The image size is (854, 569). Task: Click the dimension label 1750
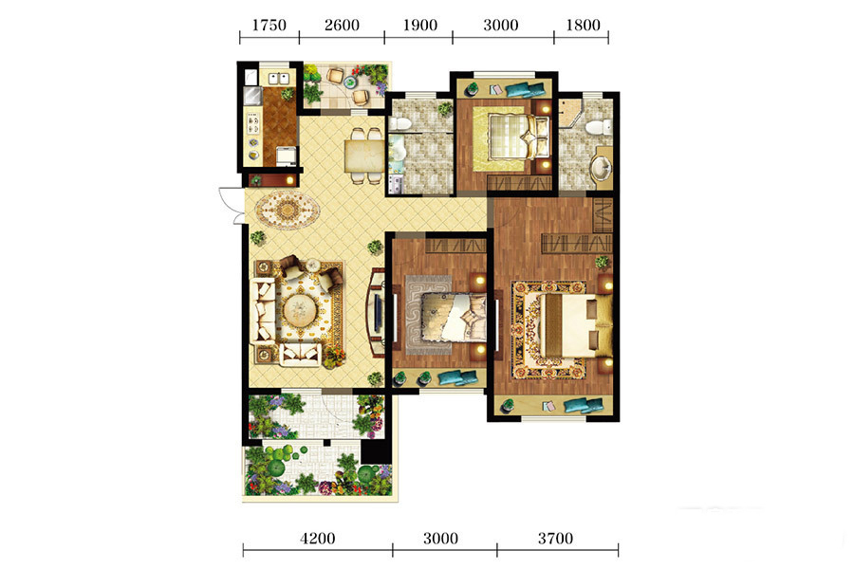pos(269,25)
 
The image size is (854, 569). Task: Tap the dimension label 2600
pos(342,25)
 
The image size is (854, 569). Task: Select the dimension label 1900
pos(420,25)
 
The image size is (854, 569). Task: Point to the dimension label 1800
pos(583,25)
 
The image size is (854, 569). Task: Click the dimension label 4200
pos(318,539)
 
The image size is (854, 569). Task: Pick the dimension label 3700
pos(555,539)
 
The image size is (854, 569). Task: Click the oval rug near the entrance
pos(288,209)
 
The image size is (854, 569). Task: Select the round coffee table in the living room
pos(300,311)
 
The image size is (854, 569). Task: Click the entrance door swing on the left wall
pos(231,205)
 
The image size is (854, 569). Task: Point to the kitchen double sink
pos(278,79)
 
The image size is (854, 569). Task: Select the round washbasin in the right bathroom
pos(602,167)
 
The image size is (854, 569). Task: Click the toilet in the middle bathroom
pos(399,123)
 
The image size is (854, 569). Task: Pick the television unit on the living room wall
pos(377,312)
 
